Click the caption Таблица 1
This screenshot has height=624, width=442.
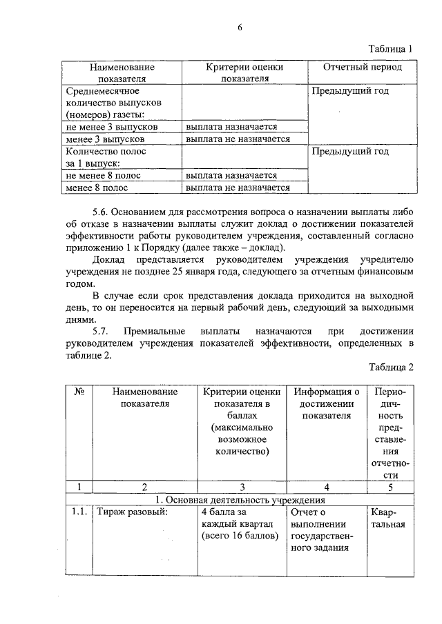[390, 50]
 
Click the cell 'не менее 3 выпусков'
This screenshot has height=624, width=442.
[111, 127]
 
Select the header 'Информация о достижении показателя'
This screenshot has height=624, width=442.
[325, 403]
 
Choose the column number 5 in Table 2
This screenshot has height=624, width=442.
[390, 487]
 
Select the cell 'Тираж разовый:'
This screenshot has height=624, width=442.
[132, 512]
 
